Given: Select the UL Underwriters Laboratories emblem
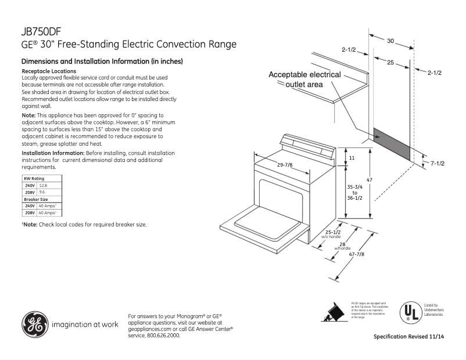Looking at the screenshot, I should (x=410, y=312).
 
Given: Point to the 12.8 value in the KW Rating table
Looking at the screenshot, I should (x=42, y=185).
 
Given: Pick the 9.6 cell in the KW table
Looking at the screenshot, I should (x=41, y=192).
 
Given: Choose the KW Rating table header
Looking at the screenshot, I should (x=34, y=178).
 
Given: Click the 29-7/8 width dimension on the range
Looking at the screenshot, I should (x=285, y=165).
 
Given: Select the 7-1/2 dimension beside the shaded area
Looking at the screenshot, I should (x=438, y=164).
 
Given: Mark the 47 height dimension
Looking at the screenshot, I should (x=368, y=181).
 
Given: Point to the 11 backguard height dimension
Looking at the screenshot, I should (x=351, y=158).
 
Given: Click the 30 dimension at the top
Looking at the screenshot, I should (x=390, y=41).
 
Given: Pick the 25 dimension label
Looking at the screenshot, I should (x=390, y=62).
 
